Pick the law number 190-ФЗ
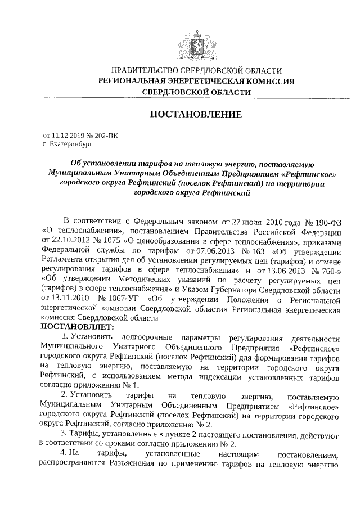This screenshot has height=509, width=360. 325,219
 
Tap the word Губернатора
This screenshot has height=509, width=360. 240,290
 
